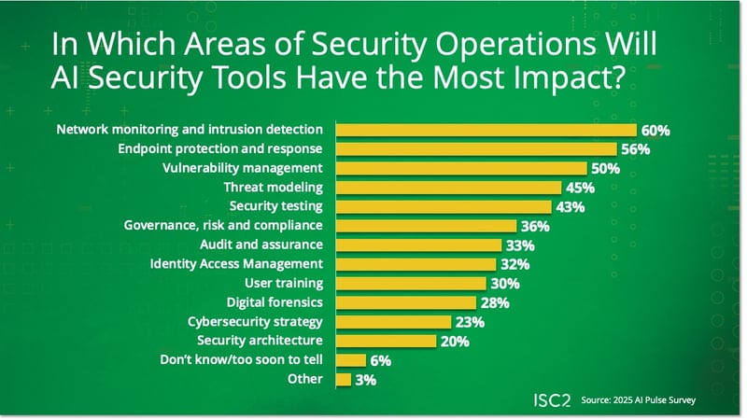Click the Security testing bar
(x=443, y=207)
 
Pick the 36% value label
(x=535, y=227)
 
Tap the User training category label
(x=284, y=284)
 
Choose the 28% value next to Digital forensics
(x=498, y=303)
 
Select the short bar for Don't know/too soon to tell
(x=350, y=360)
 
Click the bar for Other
(x=343, y=380)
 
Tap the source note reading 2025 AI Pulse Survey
(x=636, y=399)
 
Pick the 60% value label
(x=655, y=131)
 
